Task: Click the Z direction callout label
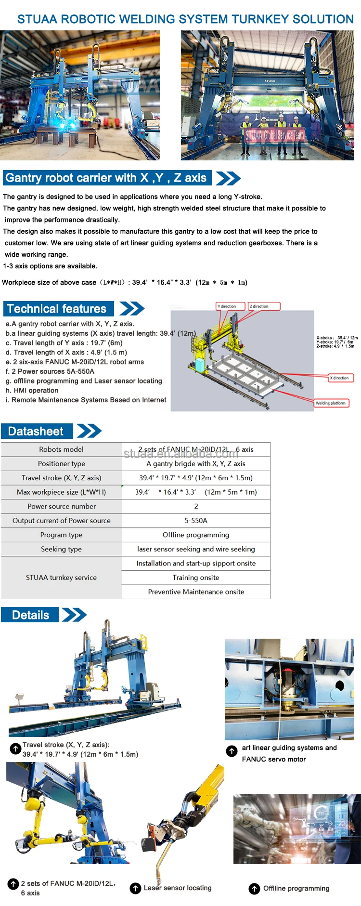[x=264, y=306]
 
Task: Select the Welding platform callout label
[x=331, y=403]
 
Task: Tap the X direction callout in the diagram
[x=341, y=378]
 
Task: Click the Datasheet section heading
[x=36, y=431]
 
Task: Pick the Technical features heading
[x=57, y=309]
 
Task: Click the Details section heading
[x=30, y=615]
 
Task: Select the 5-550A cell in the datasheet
[x=196, y=521]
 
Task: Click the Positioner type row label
[x=62, y=464]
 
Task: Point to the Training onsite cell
[x=196, y=578]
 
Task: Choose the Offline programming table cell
[x=196, y=535]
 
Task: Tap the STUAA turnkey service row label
[x=62, y=578]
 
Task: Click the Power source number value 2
[x=196, y=506]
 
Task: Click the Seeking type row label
[x=62, y=549]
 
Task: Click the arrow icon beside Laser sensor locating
[x=136, y=888]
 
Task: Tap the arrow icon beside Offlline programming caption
[x=254, y=889]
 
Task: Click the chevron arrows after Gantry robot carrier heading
[x=228, y=178]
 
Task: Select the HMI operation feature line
[x=32, y=391]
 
